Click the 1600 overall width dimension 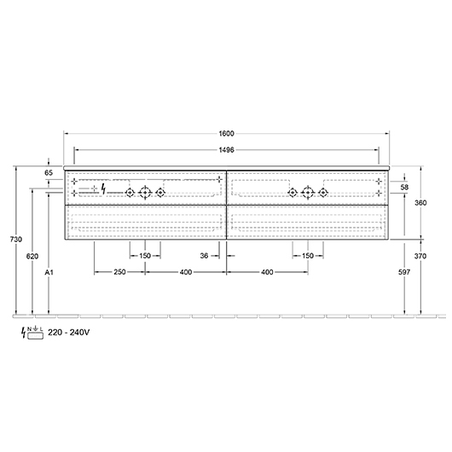[226, 133]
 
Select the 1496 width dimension [226, 150]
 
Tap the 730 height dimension [16, 240]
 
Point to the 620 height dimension [32, 256]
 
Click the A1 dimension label [49, 272]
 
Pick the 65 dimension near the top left [49, 172]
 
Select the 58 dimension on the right [404, 187]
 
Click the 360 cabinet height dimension [420, 203]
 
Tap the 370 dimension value [420, 256]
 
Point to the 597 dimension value [404, 272]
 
